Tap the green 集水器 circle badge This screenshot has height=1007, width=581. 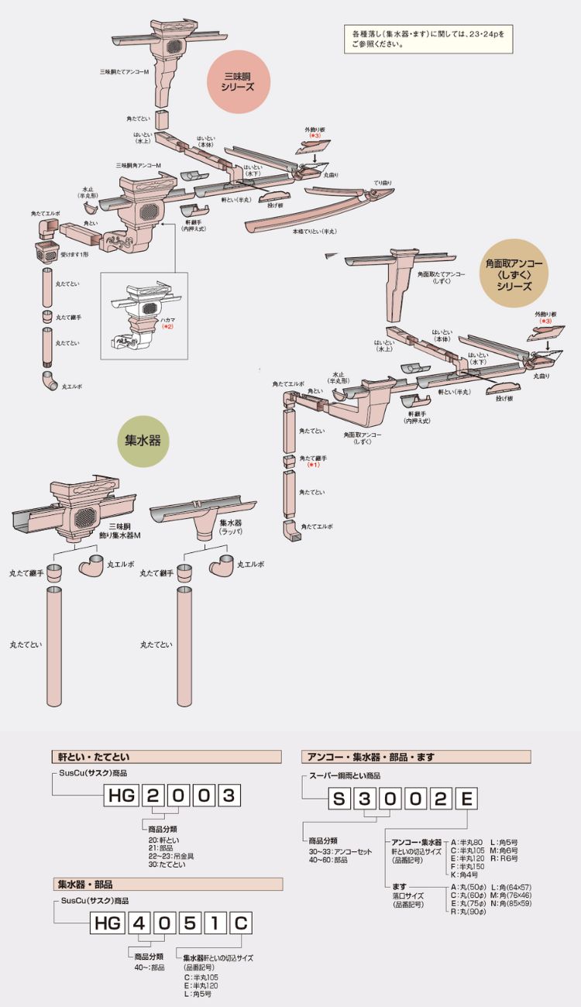tap(143, 441)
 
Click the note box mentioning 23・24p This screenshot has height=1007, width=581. tap(428, 40)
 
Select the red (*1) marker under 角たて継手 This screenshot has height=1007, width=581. tap(313, 465)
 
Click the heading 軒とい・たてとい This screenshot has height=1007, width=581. tap(95, 757)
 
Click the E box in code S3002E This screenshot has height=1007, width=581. tap(466, 799)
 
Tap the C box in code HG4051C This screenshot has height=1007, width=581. tap(241, 923)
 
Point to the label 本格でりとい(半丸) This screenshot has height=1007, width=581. tap(314, 231)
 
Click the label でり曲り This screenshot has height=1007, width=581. tap(382, 183)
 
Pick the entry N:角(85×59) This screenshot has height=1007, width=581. tap(511, 903)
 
